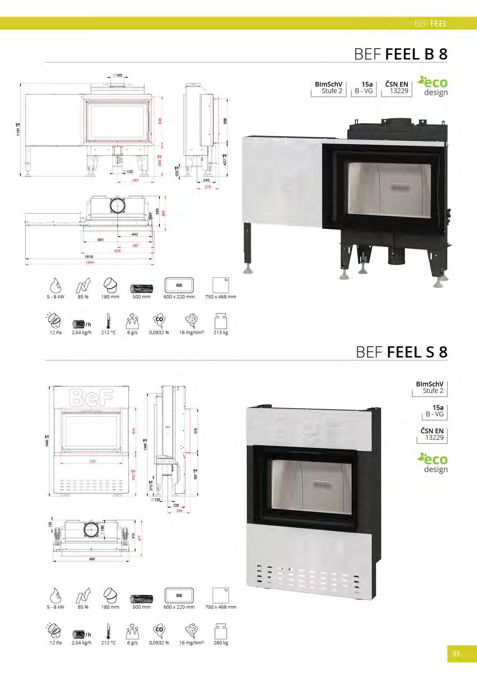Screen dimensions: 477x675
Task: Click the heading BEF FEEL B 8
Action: [x=401, y=54]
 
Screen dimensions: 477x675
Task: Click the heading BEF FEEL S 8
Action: [x=402, y=352]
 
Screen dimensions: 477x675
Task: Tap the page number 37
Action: [x=456, y=653]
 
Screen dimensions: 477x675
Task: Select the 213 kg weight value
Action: [x=221, y=332]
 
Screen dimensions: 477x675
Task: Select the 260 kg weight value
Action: [x=221, y=643]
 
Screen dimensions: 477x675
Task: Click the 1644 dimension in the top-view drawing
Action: [x=90, y=262]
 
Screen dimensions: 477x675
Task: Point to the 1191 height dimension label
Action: [x=18, y=129]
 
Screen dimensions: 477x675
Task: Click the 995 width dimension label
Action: [x=92, y=559]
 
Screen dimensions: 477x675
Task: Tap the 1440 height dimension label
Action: [x=47, y=441]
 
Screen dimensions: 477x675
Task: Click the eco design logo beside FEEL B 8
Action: [x=433, y=86]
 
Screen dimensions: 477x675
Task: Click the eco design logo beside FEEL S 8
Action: [x=433, y=463]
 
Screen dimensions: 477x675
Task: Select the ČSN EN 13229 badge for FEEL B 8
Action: [x=397, y=88]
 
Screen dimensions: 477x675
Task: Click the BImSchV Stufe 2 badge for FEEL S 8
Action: [x=429, y=387]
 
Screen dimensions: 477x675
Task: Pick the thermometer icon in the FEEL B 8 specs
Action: [x=108, y=321]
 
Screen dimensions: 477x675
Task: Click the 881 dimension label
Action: [x=101, y=240]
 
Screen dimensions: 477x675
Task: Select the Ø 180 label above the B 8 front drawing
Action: [x=118, y=75]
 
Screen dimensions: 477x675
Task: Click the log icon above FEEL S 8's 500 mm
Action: [x=141, y=599]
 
